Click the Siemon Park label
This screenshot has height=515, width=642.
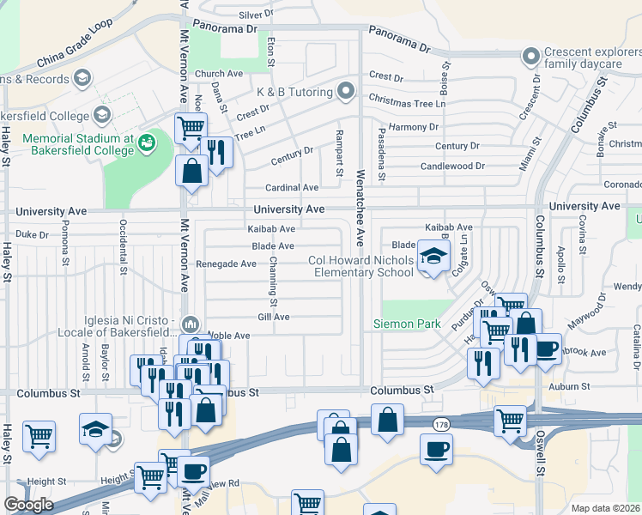406,324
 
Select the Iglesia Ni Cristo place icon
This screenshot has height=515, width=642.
190,324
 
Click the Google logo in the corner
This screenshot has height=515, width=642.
28,505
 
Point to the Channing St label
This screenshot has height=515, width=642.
273,282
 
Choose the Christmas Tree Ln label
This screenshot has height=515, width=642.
407,103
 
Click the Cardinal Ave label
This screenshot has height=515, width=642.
292,187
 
